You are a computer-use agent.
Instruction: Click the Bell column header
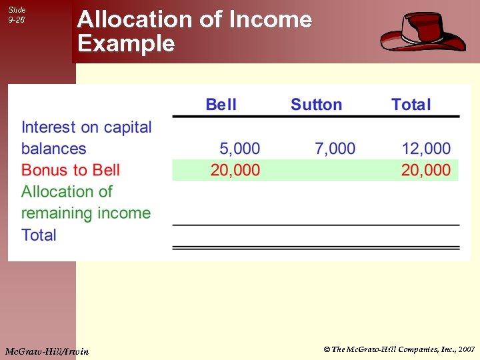coord(221,105)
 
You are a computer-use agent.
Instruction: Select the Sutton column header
coord(316,105)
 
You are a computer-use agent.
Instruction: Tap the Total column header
coord(411,105)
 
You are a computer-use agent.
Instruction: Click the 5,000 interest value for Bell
coord(240,149)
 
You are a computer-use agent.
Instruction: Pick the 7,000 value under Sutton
coord(335,149)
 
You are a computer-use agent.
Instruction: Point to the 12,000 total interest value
coord(426,149)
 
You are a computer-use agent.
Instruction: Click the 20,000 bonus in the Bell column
coord(235,170)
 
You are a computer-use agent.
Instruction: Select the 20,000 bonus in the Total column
coord(426,170)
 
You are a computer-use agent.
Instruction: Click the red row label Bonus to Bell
coord(71,170)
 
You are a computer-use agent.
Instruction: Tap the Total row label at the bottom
coord(39,235)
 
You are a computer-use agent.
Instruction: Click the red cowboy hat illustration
coord(423,32)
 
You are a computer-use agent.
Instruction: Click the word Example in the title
coord(126,44)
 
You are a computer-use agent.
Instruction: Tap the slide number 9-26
coord(17,20)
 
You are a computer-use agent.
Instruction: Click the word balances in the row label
coord(54,149)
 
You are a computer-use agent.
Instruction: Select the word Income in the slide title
coord(270,20)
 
